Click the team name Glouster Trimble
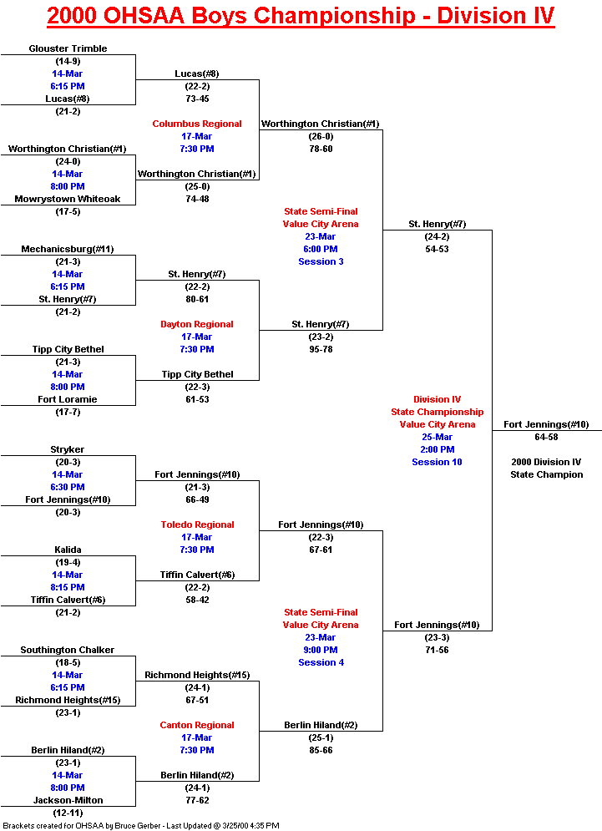point(68,48)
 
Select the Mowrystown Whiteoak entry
point(68,199)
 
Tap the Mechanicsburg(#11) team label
point(68,249)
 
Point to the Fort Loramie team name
point(68,399)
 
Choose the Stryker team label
point(68,449)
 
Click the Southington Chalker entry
point(68,650)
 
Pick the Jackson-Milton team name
point(68,800)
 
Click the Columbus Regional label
point(197,124)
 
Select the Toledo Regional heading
point(197,524)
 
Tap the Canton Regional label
point(197,725)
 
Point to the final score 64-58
point(547,437)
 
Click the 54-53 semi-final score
point(437,249)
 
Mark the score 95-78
point(321,349)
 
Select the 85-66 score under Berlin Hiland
point(321,750)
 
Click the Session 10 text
point(437,462)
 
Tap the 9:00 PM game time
point(321,650)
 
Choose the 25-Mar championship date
point(437,437)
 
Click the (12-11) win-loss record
point(68,813)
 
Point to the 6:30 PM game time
point(68,487)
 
